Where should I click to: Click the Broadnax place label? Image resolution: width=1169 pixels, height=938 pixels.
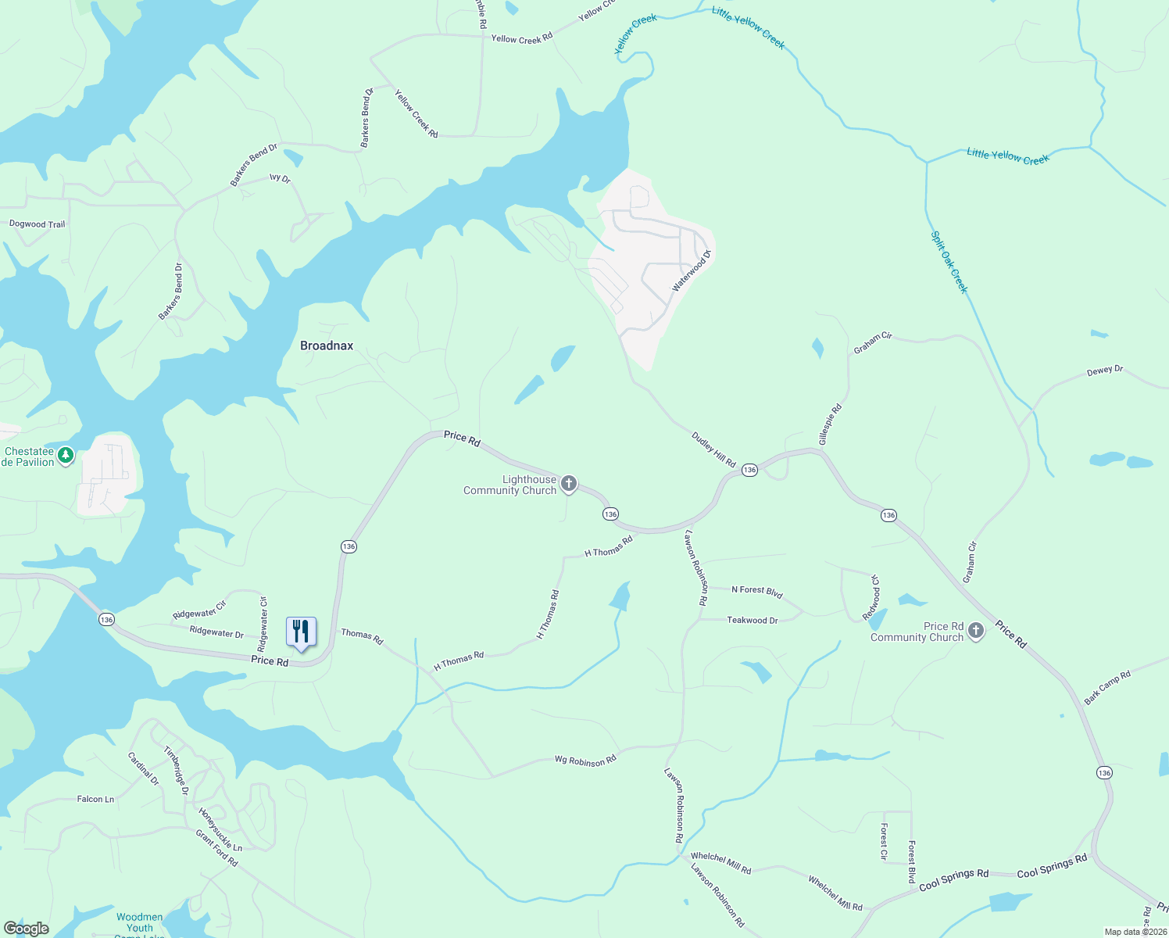coord(327,345)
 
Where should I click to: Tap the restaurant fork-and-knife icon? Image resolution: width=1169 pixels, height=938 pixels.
coord(301,631)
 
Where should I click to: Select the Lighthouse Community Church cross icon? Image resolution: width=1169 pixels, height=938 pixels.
coord(569,484)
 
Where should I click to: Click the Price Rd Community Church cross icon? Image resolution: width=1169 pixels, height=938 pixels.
coord(975,631)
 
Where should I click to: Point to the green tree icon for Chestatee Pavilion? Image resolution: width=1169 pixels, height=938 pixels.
coord(66,455)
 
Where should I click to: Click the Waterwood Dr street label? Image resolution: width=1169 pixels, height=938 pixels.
coord(692,271)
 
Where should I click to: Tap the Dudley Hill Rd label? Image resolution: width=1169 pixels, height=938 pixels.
coord(713,449)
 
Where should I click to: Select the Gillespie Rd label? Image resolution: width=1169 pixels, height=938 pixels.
coord(830,424)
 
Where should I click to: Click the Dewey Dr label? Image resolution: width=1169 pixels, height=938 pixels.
coord(1104,371)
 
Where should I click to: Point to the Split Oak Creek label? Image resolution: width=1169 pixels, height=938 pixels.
coord(949,262)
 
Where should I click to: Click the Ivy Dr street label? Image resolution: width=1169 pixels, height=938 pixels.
coord(280,178)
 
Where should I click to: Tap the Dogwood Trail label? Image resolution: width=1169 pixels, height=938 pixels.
coord(37,224)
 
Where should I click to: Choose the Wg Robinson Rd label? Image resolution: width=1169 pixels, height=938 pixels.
coord(585,760)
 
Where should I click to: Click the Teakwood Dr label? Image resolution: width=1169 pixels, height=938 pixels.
coord(753,620)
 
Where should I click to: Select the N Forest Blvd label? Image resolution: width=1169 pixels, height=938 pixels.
coord(756,591)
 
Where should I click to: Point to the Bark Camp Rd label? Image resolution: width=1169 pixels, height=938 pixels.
coord(1107,687)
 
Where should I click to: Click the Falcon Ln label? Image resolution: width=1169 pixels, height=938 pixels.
coord(95,799)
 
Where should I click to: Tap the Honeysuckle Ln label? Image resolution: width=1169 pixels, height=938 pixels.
coord(220,829)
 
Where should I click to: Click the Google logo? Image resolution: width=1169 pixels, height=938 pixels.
coord(26,928)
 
